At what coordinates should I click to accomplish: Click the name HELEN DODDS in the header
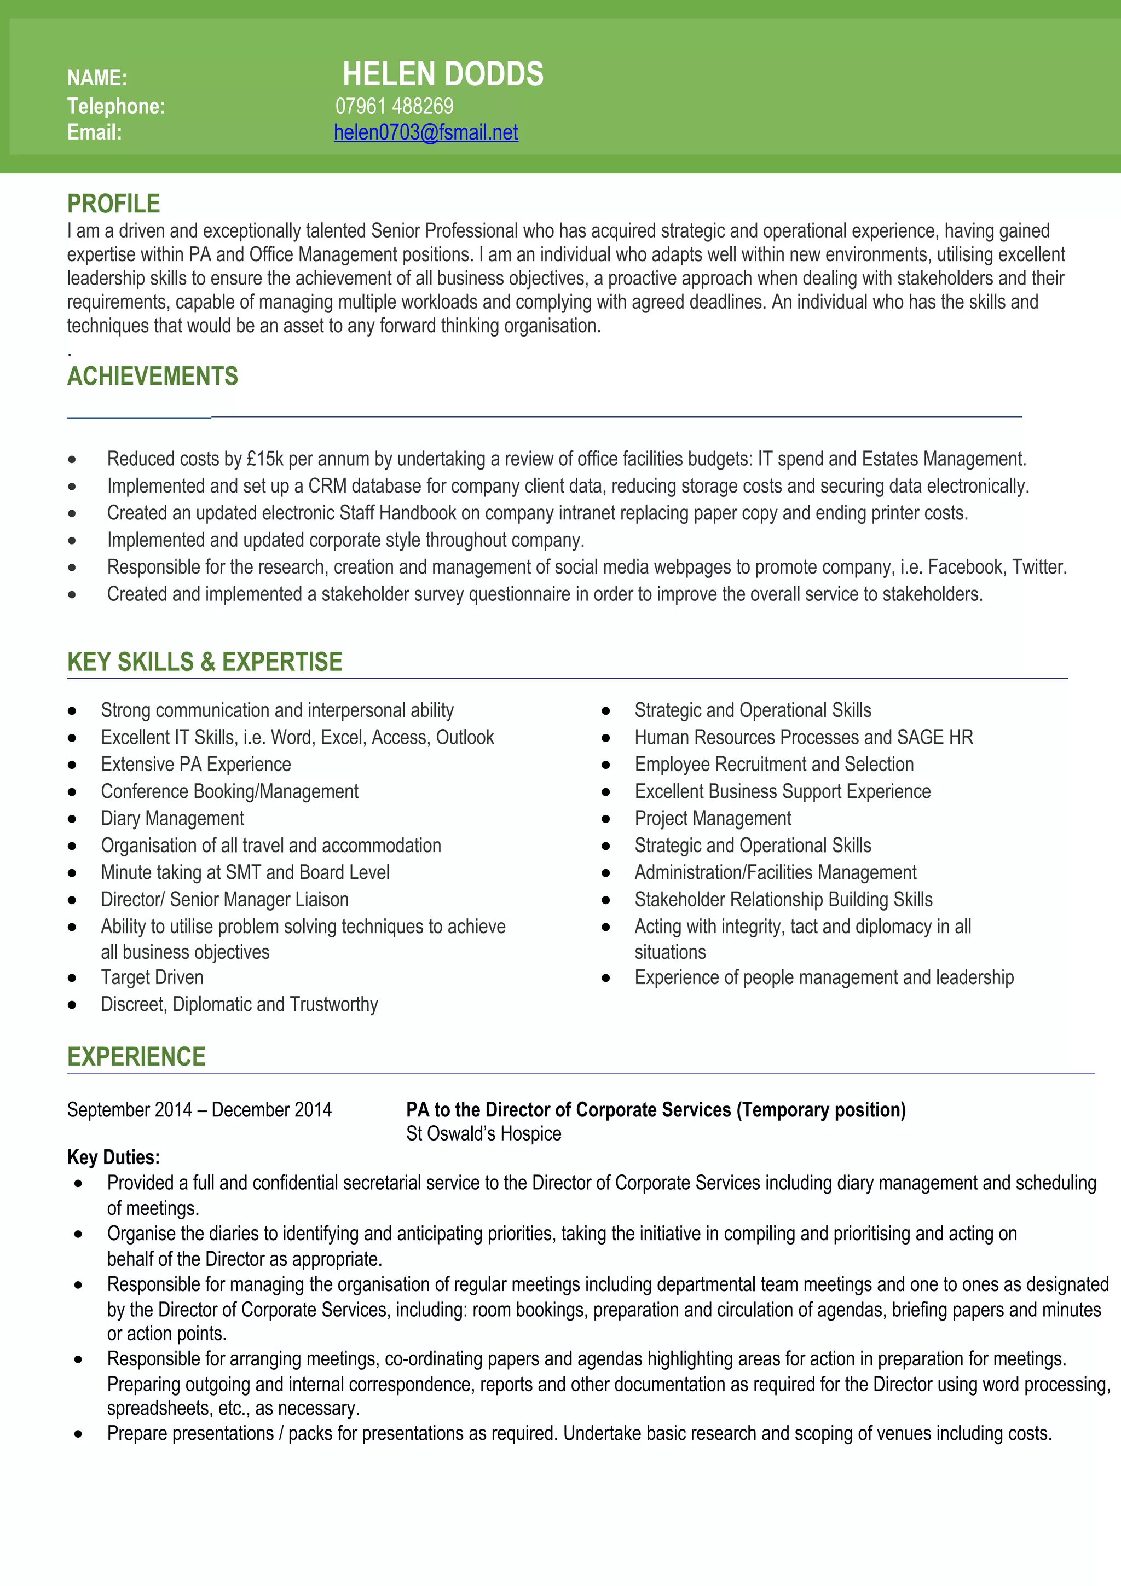(x=443, y=74)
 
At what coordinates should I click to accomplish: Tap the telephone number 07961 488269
(x=395, y=106)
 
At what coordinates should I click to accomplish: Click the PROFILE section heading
(x=113, y=204)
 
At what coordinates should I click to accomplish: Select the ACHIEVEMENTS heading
(x=152, y=377)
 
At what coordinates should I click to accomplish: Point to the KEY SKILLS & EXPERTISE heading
(x=205, y=662)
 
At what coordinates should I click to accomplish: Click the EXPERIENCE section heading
(x=136, y=1057)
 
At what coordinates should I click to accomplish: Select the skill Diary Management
(x=172, y=819)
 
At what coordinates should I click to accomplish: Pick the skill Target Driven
(x=152, y=977)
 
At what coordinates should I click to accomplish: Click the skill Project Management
(x=713, y=819)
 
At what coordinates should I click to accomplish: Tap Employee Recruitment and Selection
(x=773, y=765)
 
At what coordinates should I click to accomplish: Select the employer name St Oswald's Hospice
(x=483, y=1133)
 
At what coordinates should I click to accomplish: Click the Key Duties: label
(x=113, y=1157)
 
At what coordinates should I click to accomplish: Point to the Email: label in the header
(x=94, y=132)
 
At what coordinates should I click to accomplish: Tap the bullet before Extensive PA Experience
(x=72, y=765)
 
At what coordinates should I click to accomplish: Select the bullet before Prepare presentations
(x=78, y=1434)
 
